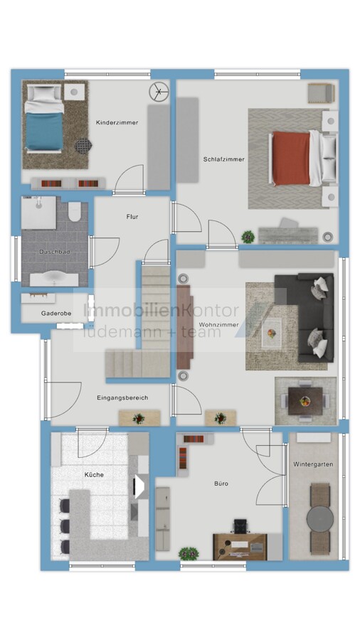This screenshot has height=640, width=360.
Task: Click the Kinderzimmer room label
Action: tap(117, 122)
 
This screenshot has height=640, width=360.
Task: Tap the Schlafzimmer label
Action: tap(223, 159)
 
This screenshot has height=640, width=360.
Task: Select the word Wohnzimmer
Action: tap(219, 324)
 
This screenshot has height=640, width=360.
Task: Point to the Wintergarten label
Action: tap(313, 464)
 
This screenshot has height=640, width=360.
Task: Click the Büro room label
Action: tap(221, 484)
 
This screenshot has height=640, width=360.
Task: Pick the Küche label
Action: tap(94, 475)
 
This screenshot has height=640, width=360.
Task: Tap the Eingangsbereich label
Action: tap(122, 398)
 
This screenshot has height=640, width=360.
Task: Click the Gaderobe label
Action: tap(56, 314)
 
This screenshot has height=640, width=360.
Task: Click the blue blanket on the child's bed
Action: tap(45, 132)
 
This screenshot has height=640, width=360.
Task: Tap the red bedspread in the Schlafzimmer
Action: tap(292, 158)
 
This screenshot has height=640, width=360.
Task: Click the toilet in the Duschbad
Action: tap(75, 210)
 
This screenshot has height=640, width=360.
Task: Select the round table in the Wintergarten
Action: tap(320, 518)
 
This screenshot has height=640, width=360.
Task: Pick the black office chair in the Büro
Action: tap(240, 526)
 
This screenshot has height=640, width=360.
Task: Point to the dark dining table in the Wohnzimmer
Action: tap(305, 401)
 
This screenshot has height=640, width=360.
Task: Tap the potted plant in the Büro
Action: tap(189, 554)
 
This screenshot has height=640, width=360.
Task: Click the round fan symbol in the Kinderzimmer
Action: tap(159, 92)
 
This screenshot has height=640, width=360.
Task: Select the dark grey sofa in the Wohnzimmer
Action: tap(304, 318)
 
